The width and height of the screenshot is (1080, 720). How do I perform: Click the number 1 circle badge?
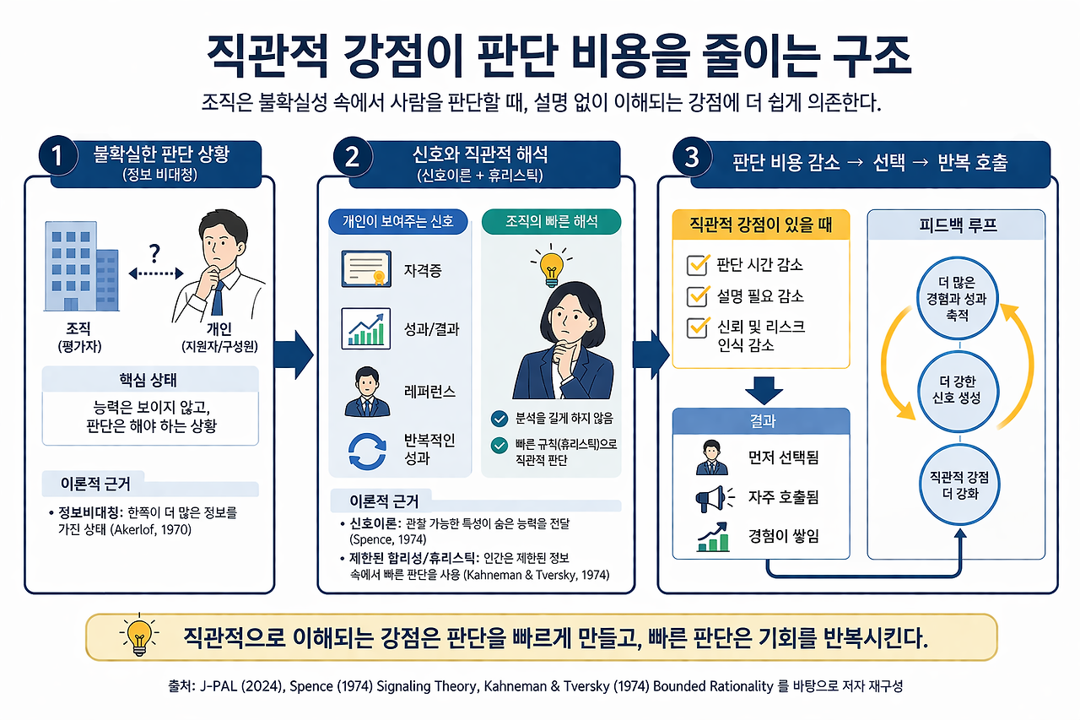(57, 157)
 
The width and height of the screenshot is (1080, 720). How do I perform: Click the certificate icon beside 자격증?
(365, 270)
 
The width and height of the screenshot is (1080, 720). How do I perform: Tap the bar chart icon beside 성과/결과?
(365, 328)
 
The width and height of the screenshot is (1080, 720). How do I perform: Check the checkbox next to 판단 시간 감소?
(698, 265)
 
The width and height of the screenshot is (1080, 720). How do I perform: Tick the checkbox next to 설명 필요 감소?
(698, 295)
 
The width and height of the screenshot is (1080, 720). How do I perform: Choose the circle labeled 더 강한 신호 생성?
(958, 390)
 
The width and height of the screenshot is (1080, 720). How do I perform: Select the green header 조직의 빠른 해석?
(551, 222)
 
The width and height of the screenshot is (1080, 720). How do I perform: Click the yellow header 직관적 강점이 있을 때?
(760, 225)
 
